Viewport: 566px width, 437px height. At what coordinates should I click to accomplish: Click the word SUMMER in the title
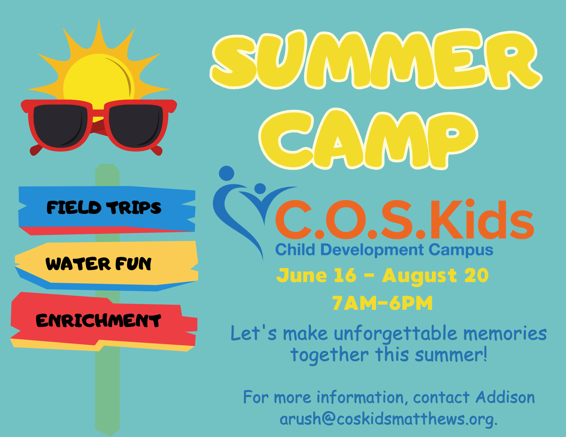[x=376, y=60]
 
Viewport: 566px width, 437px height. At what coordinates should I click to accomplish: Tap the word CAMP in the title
[x=369, y=139]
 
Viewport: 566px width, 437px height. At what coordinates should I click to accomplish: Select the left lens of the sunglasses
[x=58, y=125]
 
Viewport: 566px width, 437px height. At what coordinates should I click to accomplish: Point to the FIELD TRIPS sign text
[x=104, y=208]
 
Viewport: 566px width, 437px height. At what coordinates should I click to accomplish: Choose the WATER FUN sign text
[x=98, y=264]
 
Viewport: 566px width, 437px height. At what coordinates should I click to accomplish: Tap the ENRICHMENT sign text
[x=98, y=320]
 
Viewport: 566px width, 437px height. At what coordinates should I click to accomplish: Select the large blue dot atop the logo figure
[x=226, y=173]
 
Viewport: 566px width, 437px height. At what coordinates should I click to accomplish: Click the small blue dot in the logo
[x=260, y=188]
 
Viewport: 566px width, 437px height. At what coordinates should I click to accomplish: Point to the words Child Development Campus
[x=384, y=250]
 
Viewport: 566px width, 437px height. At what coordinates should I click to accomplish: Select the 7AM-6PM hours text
[x=382, y=303]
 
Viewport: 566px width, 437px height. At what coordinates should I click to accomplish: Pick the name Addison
[x=505, y=398]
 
